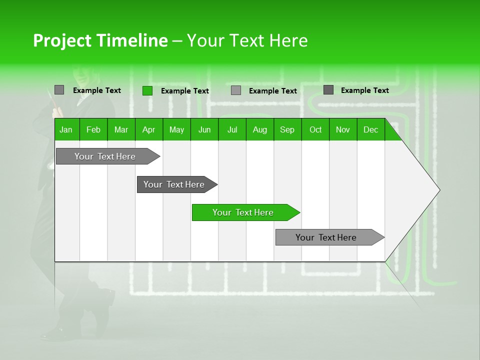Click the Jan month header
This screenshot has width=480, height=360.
(66, 129)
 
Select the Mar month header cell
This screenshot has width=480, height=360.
(121, 129)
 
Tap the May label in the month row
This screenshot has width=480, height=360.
(176, 129)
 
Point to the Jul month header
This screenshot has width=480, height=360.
(232, 129)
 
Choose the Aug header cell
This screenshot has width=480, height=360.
(259, 129)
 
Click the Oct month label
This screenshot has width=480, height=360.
(315, 129)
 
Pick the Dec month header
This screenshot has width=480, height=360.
(370, 129)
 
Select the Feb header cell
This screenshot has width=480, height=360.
(93, 129)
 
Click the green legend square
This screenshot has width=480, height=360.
(147, 90)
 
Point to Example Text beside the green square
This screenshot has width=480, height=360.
(184, 91)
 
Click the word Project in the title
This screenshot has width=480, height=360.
(62, 40)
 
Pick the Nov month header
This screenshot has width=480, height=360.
(342, 129)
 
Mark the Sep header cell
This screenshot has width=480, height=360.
(287, 129)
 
